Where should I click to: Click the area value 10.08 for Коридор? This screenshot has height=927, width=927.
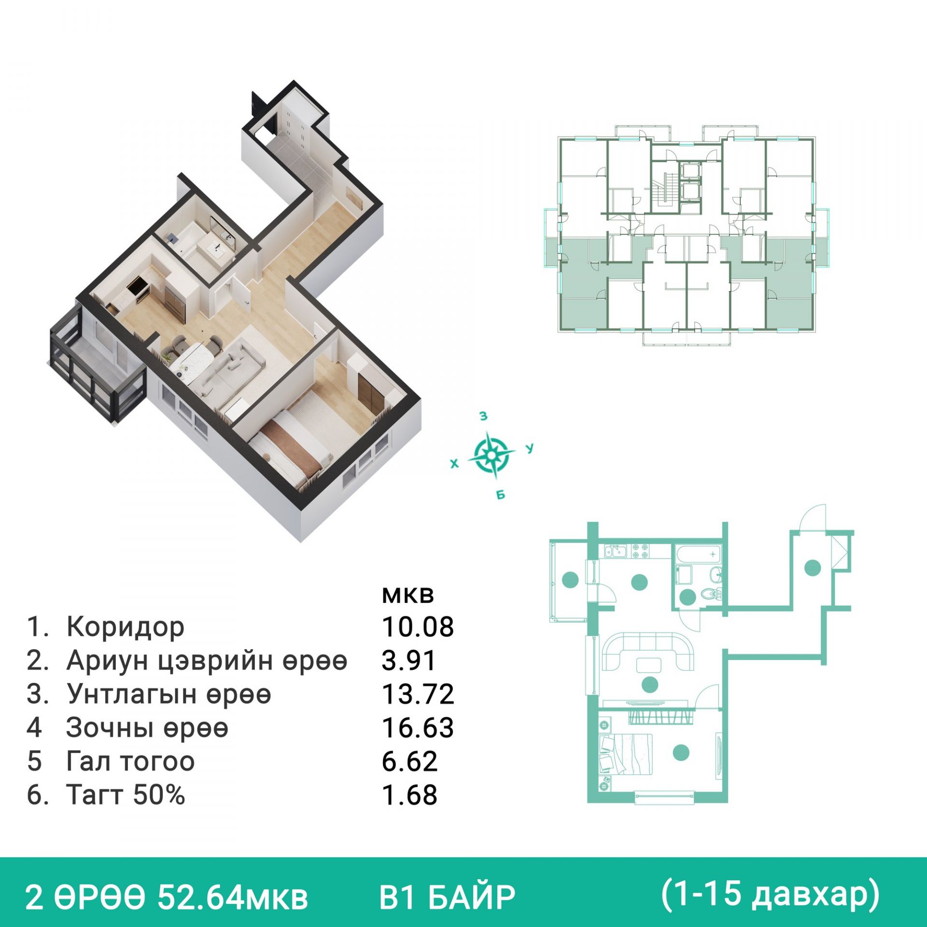(x=418, y=627)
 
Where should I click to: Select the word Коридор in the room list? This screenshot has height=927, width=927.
(x=126, y=627)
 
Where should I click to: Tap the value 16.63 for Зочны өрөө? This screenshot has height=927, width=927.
(x=418, y=728)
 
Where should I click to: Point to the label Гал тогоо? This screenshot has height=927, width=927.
(x=130, y=761)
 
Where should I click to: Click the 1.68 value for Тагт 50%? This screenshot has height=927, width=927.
(x=409, y=795)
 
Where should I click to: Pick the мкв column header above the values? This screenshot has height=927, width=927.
(x=408, y=596)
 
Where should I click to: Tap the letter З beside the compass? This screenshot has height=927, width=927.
(x=483, y=416)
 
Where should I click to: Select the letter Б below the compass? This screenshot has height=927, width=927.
(x=501, y=495)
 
